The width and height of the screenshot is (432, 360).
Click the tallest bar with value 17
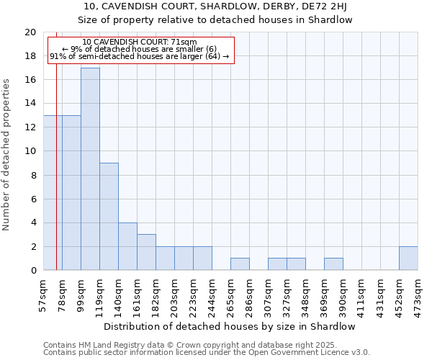[x=90, y=168]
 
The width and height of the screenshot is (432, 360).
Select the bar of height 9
[x=109, y=216]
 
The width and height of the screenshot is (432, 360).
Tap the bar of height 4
[x=127, y=246]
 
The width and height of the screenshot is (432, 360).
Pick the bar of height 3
[x=146, y=252]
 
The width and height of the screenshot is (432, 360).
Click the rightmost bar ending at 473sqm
[x=408, y=258]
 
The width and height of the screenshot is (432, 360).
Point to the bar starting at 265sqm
[x=240, y=264]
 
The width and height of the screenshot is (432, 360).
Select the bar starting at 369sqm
[x=333, y=264]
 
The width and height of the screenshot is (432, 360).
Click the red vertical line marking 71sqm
[x=56, y=180]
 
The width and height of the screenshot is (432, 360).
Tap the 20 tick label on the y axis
[x=30, y=32]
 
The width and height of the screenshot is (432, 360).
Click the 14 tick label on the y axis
[x=30, y=104]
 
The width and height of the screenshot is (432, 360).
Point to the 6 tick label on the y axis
[x=33, y=199]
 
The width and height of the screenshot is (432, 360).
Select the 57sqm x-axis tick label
[x=43, y=294]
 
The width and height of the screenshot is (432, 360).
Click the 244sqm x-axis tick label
[x=212, y=294]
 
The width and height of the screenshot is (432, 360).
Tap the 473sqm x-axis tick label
[x=418, y=294]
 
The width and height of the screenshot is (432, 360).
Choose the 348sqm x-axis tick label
[x=305, y=294]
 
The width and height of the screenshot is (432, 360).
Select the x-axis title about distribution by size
[x=230, y=326]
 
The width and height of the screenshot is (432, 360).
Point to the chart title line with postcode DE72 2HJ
[x=215, y=6]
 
